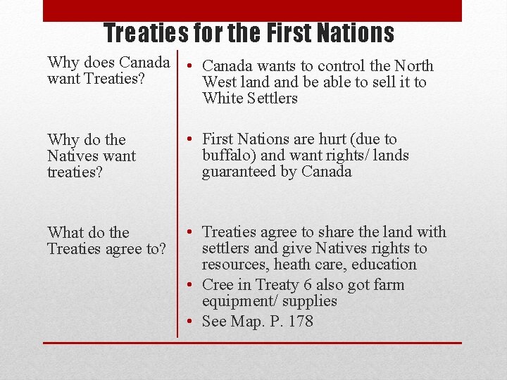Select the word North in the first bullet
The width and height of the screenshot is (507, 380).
pyautogui.click(x=413, y=66)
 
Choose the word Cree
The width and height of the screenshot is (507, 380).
pyautogui.click(x=217, y=285)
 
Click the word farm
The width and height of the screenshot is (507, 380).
pyautogui.click(x=388, y=285)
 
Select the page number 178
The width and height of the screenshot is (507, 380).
pyautogui.click(x=300, y=322)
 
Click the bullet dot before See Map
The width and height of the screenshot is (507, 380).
pyautogui.click(x=191, y=322)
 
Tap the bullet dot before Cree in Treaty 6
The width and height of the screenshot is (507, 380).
pyautogui.click(x=191, y=285)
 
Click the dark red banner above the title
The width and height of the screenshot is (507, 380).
pyautogui.click(x=252, y=10)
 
